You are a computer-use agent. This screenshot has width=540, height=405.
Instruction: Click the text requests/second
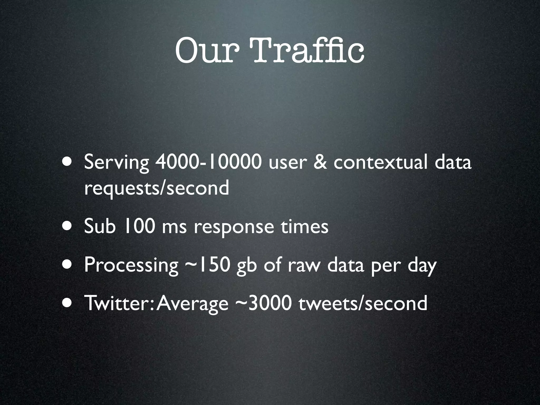[156, 188]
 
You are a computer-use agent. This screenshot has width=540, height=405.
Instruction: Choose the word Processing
[131, 266]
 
